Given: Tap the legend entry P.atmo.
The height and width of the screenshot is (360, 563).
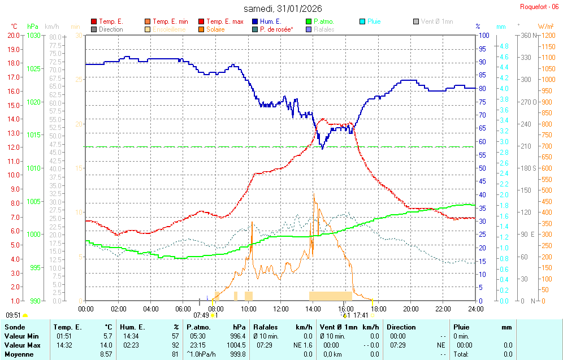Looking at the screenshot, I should [x=322, y=21].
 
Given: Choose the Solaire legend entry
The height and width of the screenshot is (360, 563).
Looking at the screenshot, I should [x=215, y=29].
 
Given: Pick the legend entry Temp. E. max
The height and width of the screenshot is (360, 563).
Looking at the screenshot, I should [x=224, y=21].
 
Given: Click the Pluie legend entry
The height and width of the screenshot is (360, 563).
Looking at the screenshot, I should [x=374, y=21].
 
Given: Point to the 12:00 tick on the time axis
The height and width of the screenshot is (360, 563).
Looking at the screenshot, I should [x=281, y=309].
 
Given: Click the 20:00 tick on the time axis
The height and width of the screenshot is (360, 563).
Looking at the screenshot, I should [x=411, y=309].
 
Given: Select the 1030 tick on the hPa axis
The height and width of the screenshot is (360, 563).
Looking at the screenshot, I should [x=33, y=35].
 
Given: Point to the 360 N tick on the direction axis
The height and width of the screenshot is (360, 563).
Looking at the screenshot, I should [x=529, y=35].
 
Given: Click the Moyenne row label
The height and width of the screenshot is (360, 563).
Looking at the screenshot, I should [x=19, y=354].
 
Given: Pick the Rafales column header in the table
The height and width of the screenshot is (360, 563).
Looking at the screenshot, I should [x=265, y=327].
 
